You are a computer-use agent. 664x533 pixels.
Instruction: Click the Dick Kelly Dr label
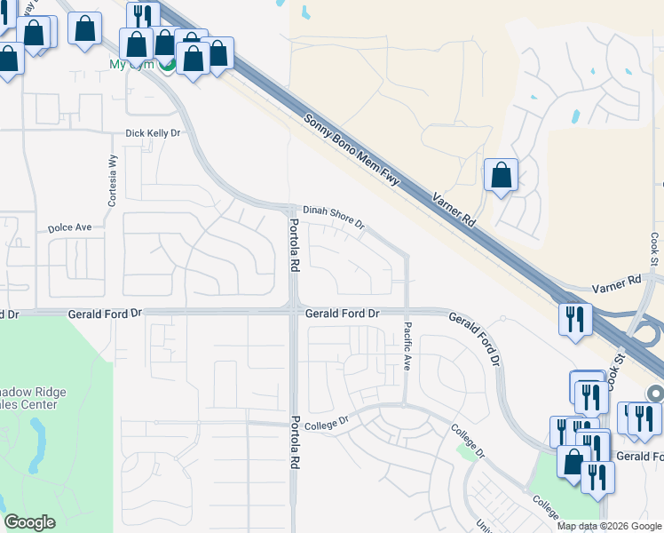(153, 133)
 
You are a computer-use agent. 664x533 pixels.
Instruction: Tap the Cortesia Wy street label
(113, 182)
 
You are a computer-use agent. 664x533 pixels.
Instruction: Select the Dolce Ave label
(70, 228)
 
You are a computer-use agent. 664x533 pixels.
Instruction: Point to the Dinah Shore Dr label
(334, 218)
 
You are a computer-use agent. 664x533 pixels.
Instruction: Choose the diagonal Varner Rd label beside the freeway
(455, 211)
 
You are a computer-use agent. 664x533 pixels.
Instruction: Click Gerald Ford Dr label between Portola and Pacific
(342, 314)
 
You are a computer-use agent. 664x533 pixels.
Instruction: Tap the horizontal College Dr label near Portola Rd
(328, 426)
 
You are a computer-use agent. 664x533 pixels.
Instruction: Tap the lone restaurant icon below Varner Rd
(575, 319)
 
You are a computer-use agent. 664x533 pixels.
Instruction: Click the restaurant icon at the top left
(142, 16)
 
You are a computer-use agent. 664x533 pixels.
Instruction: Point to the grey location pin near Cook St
(655, 393)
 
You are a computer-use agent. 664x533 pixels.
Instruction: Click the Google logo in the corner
(29, 522)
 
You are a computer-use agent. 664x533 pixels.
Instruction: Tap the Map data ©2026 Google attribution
(609, 526)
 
